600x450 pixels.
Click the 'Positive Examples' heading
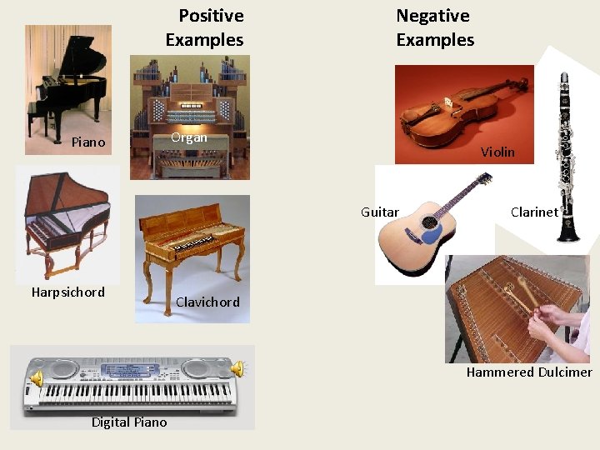(205, 27)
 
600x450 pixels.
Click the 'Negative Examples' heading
(434, 27)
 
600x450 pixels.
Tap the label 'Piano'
(88, 142)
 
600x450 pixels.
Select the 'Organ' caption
(189, 137)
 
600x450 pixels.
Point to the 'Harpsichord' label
(68, 292)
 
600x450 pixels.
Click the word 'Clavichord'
(207, 302)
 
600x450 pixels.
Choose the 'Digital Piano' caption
(129, 422)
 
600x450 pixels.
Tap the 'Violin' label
(497, 152)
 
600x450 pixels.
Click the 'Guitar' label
(380, 212)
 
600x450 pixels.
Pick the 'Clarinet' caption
(534, 212)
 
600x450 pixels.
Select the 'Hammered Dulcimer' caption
(529, 372)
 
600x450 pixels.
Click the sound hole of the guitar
(431, 234)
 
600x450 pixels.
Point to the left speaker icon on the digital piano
(37, 380)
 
